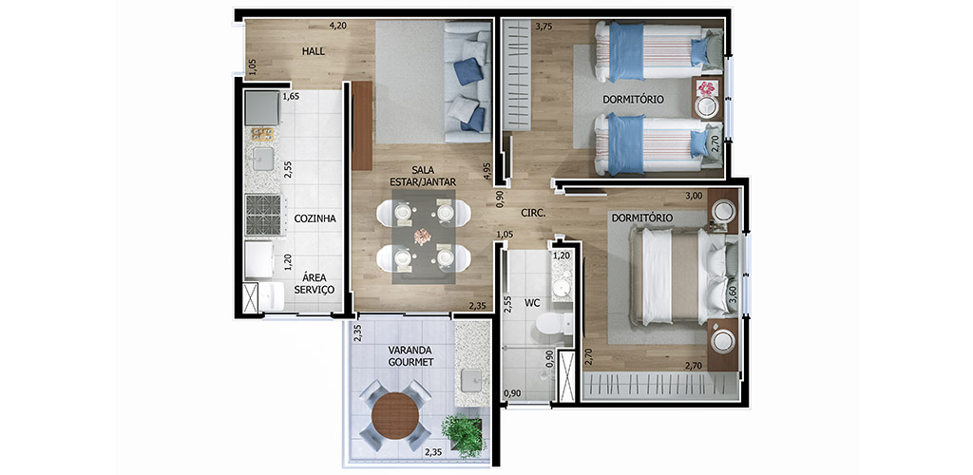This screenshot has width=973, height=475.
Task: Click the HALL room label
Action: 314,51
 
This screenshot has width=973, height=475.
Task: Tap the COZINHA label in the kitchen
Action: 315,218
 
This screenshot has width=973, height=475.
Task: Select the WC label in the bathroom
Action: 532,303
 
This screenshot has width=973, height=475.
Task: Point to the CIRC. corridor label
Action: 533,213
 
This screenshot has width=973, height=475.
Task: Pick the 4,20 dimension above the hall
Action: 337,26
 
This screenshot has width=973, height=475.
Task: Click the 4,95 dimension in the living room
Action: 486,171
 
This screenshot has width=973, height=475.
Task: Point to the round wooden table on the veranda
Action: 395,415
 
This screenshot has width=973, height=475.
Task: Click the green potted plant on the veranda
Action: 463,435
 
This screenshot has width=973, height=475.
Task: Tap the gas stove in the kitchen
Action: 263,215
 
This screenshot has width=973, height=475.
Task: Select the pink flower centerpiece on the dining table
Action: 423,237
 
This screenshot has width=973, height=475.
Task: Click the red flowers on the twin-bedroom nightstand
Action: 706,87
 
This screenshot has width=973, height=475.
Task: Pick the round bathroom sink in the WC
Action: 563,288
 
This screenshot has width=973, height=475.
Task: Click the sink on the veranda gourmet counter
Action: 471,378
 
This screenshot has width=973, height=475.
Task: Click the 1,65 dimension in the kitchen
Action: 291,97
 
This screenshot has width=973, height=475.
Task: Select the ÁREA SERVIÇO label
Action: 318,283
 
